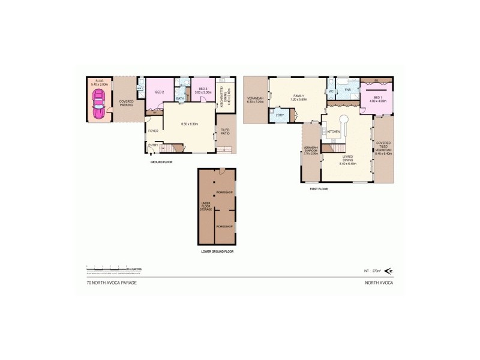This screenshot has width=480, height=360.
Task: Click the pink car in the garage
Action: coord(98,108)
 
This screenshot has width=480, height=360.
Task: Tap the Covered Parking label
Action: coord(126,103)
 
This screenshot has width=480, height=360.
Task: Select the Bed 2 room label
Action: coord(160,92)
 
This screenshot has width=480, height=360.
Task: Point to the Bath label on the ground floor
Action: coord(180,99)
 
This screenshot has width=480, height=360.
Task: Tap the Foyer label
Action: coord(154,130)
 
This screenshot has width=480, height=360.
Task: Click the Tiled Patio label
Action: coord(225,131)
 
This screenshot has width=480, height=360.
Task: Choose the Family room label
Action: coord(299,97)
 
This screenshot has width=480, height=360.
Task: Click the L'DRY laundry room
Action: coord(280,115)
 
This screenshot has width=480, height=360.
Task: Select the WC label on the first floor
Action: coord(331,91)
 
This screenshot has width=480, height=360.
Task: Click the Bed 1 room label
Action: coord(377,98)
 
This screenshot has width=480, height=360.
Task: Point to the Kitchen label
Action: coord(334,131)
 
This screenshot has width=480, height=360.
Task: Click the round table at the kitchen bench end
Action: coord(346,119)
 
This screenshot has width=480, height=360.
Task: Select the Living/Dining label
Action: coord(348,159)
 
